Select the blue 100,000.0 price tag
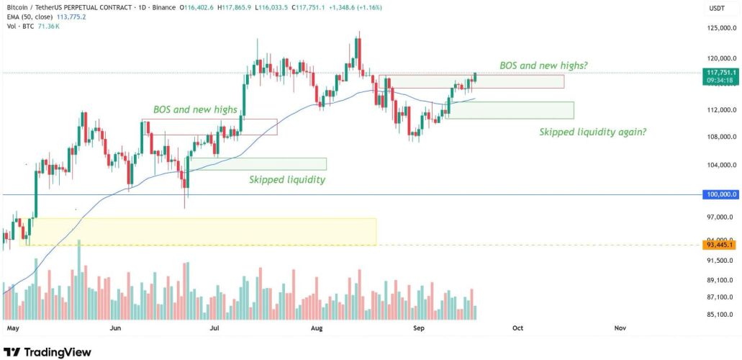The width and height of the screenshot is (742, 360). coord(720,194)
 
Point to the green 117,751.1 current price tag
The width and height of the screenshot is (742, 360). coord(720,73)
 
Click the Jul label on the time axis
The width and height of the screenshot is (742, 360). coord(214,327)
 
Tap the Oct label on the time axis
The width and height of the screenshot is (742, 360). coord(517,327)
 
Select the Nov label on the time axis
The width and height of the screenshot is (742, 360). coord(620,327)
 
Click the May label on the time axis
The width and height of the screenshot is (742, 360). coord(11,327)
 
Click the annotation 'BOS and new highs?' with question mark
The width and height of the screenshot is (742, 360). coord(543,66)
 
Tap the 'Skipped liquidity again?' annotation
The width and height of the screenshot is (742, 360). coord(592,132)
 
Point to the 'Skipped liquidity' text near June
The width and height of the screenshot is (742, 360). coord(286,179)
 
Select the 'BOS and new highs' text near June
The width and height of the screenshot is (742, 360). coord(195,109)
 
